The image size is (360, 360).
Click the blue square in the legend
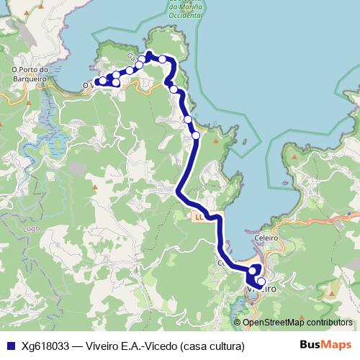(x=10, y=346)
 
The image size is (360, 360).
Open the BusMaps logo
(x=325, y=345)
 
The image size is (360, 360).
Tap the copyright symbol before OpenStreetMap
(x=238, y=322)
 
